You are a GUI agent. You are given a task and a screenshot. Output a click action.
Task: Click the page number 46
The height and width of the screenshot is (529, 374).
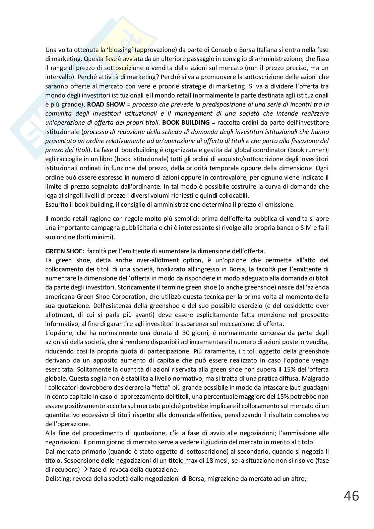tap(351, 495)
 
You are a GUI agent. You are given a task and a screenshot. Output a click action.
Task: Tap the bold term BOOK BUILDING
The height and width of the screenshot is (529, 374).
tap(186, 122)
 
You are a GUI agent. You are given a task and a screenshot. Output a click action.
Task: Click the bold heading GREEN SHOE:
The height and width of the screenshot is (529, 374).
tap(64, 251)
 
